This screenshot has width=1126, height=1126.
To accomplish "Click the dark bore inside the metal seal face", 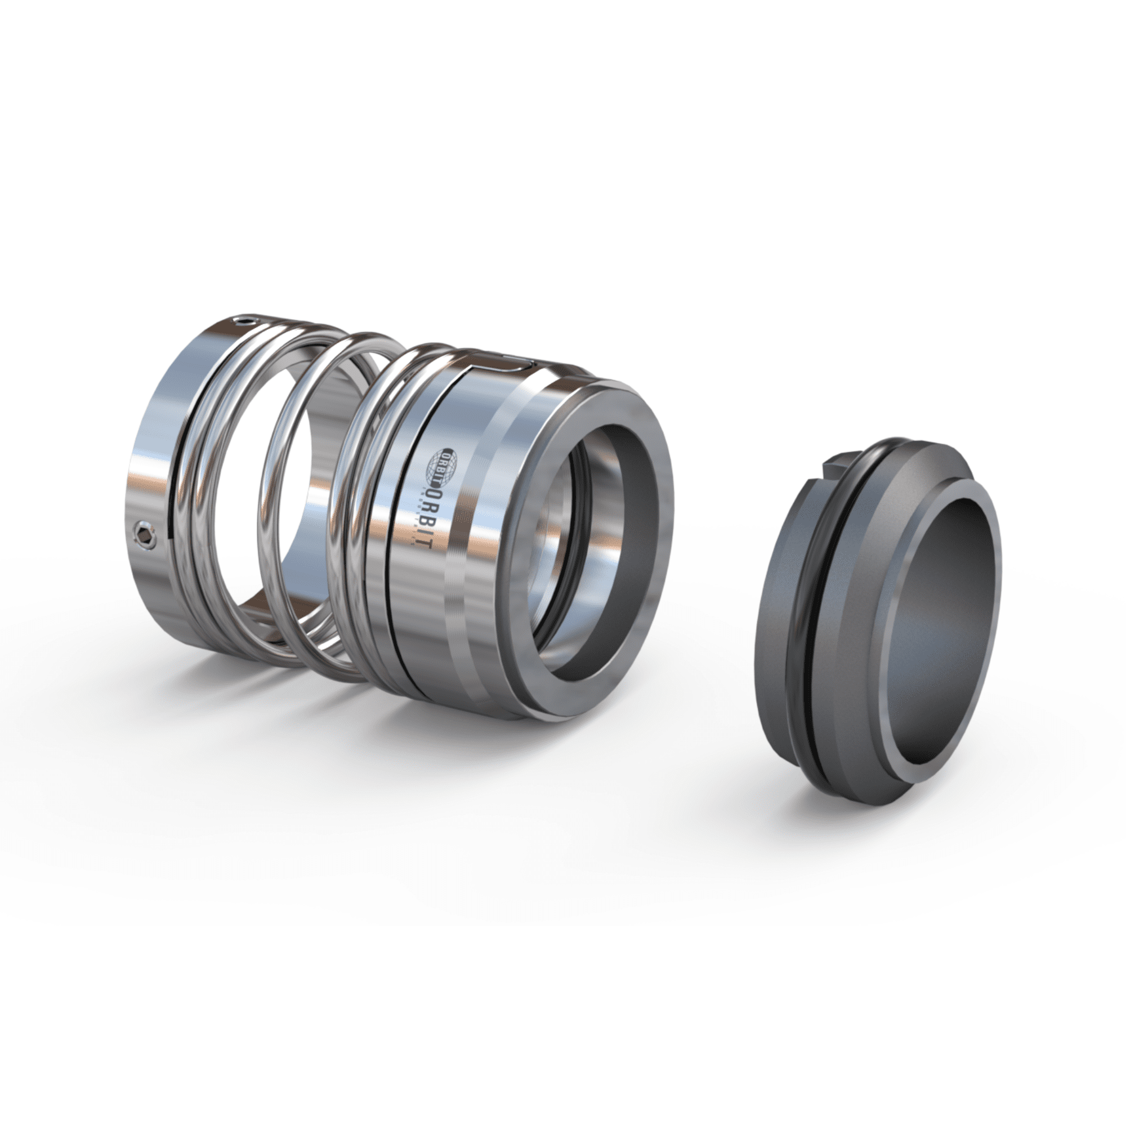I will (606, 525).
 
